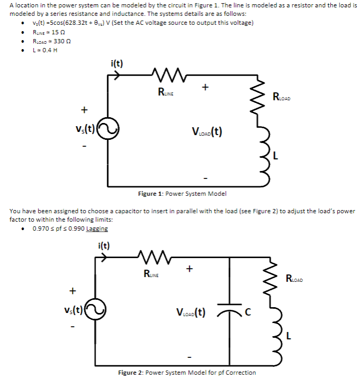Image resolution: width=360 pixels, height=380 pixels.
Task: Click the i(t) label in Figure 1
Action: click(x=117, y=64)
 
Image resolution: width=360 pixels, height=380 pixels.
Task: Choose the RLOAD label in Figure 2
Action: click(x=295, y=278)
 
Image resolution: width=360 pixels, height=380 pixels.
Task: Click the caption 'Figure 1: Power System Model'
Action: click(x=182, y=194)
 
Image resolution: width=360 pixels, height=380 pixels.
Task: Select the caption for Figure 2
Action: click(x=187, y=373)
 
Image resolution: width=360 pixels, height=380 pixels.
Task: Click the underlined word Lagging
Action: click(x=96, y=229)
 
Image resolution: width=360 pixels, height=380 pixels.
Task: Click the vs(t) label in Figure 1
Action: click(x=87, y=129)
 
